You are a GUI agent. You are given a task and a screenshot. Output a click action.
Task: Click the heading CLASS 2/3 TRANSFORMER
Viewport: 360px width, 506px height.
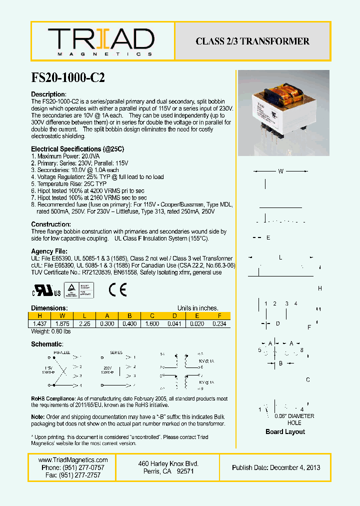click(x=252, y=41)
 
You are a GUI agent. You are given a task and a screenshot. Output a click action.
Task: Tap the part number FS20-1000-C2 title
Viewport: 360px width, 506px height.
click(x=68, y=77)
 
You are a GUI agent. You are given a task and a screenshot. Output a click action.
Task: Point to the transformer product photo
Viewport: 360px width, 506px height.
click(x=283, y=113)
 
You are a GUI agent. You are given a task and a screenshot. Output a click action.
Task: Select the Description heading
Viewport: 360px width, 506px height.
click(x=48, y=94)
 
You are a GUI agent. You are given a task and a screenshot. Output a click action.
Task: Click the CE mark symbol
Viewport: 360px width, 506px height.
click(x=117, y=290)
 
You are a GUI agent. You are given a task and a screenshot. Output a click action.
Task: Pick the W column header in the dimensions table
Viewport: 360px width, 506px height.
click(x=62, y=316)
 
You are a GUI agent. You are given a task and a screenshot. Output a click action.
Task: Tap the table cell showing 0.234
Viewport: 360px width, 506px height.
click(x=219, y=323)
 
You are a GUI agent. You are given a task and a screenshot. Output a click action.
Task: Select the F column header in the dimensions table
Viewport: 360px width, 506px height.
click(x=219, y=316)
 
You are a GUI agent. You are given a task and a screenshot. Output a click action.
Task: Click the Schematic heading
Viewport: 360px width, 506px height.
click(x=47, y=344)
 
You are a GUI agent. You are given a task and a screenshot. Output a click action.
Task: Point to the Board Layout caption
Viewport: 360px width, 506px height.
click(x=285, y=431)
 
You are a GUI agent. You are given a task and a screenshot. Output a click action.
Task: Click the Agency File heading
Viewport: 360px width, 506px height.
click(x=49, y=251)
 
